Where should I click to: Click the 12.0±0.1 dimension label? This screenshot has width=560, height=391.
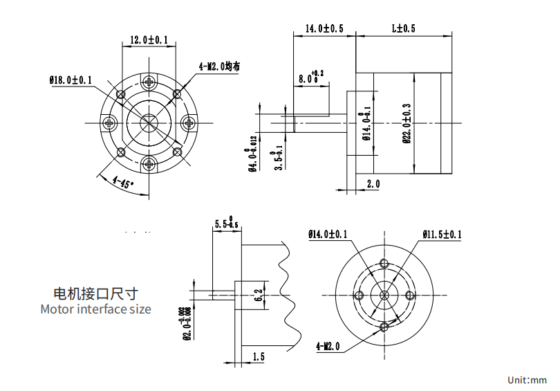149,40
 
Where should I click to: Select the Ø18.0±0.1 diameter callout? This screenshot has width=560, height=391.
71,80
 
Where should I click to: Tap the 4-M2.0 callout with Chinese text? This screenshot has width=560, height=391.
219,66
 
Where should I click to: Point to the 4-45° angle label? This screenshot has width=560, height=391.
122,183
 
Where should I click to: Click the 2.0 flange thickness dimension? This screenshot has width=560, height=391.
373,183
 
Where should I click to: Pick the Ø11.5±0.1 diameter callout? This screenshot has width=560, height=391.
441,235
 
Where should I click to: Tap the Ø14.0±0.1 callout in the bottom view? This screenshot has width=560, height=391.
328,235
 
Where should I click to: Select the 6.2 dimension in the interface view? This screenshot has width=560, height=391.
258,295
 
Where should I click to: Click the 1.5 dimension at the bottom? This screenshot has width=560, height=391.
259,356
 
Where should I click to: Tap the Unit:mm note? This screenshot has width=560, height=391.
527,380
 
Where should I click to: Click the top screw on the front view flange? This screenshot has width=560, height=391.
150,82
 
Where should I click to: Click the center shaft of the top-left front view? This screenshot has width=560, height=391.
150,123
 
